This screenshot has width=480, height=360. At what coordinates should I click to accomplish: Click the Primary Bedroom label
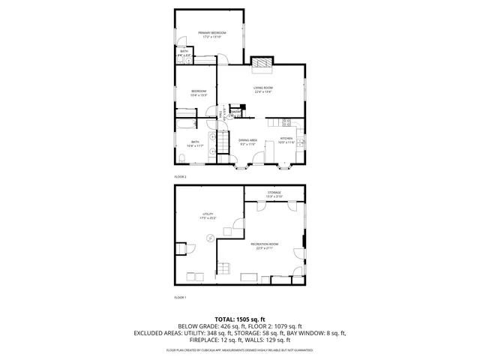pyautogui.click(x=212, y=33)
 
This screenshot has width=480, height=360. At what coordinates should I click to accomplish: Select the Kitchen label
pyautogui.click(x=286, y=139)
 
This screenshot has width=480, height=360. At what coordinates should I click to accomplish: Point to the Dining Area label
pyautogui.click(x=248, y=140)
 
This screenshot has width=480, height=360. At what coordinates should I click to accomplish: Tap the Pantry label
pyautogui.click(x=235, y=112)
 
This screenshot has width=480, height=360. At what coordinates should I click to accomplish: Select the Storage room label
pyautogui.click(x=274, y=193)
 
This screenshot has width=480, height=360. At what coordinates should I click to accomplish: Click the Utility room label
pyautogui.click(x=208, y=214)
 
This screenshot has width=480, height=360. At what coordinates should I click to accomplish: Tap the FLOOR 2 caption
pyautogui.click(x=180, y=176)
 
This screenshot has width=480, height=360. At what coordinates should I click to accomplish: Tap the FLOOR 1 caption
pyautogui.click(x=180, y=298)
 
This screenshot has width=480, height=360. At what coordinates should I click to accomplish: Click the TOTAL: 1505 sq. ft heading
pyautogui.click(x=239, y=319)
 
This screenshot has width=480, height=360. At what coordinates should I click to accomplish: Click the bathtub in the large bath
pyautogui.click(x=185, y=124)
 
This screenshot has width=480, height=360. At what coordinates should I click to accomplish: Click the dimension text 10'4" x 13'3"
pyautogui.click(x=198, y=95)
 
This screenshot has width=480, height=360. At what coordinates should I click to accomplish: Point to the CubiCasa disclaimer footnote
pyautogui.click(x=239, y=350)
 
